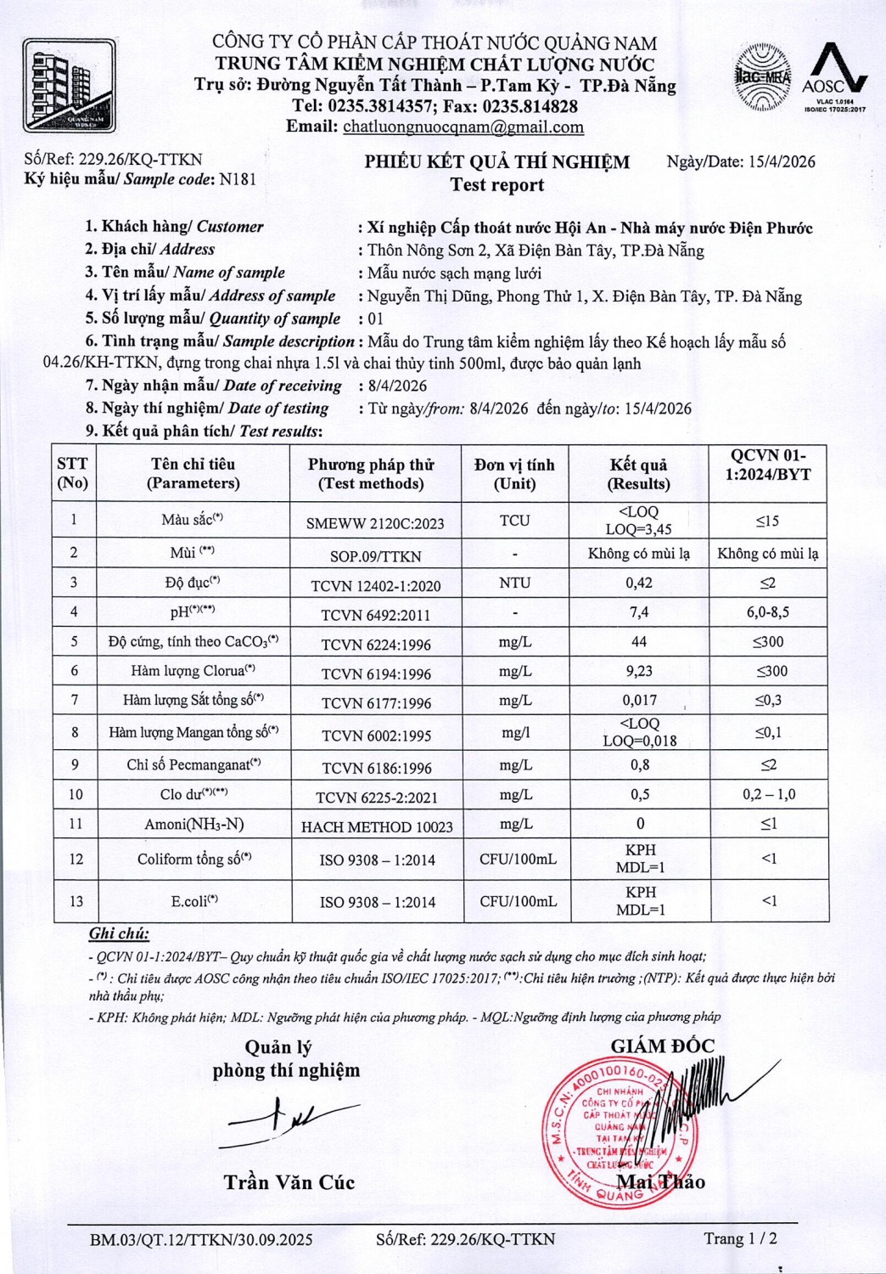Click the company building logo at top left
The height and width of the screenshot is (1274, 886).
point(69,85)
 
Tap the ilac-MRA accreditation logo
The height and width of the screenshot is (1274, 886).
point(763,78)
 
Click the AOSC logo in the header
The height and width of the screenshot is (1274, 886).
point(834,76)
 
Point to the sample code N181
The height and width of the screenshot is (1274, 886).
point(238,179)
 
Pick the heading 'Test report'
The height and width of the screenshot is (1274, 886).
point(497,185)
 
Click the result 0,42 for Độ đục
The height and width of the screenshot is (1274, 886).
point(639,583)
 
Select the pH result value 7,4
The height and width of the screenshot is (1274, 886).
point(639,612)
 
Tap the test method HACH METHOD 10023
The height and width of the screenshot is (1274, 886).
point(377,826)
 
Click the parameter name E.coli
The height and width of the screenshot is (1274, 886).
point(194,901)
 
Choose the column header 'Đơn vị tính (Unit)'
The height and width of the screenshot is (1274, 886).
point(514,474)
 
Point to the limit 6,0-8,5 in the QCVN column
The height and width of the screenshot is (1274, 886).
point(769,612)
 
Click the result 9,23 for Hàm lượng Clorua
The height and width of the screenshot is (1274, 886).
point(639,671)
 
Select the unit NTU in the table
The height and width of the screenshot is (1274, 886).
point(514,583)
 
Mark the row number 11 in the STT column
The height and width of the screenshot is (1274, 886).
point(76,824)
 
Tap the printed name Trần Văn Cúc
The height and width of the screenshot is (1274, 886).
point(289,1182)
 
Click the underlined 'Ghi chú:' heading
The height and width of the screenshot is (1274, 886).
point(119,934)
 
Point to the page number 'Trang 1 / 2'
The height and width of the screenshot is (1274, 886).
point(740,1238)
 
